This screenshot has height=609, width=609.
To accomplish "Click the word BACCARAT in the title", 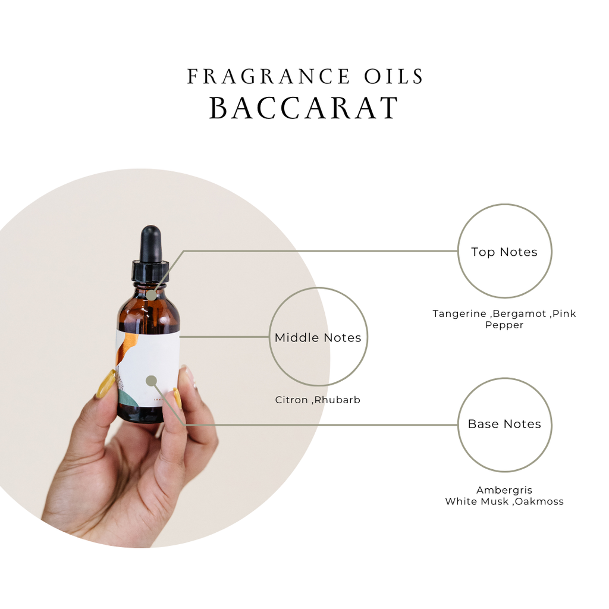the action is click(304, 108).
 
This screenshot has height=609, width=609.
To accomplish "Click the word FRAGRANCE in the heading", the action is click(268, 76).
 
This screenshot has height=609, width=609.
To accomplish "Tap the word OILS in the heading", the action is click(394, 76).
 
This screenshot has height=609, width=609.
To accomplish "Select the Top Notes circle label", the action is click(504, 252).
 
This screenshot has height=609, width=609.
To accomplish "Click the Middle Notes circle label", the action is click(318, 338).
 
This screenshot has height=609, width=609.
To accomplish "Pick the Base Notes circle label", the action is click(504, 423).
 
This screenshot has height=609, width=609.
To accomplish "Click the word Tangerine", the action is click(460, 314).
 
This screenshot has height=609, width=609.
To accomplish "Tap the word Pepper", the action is click(504, 325).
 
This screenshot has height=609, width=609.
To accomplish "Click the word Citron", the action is click(291, 400).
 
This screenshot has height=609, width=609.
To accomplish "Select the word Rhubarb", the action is click(337, 400).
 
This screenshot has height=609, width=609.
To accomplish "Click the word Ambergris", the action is click(504, 490).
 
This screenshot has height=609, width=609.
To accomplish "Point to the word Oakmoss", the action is click(539, 501).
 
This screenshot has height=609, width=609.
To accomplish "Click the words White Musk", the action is click(477, 501).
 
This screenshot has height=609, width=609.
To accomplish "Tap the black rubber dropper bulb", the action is click(150, 244).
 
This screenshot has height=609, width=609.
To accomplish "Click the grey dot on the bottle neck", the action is click(152, 295).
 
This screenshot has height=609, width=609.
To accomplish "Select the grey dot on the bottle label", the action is click(152, 381).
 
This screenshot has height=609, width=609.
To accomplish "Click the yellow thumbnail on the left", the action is click(106, 384).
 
